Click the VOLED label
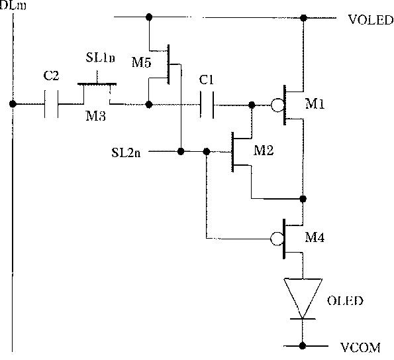coord(371,20)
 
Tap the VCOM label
coord(360,347)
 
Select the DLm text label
coord(13,5)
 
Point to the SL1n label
coord(100,58)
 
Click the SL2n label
coord(126,152)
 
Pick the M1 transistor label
coord(315,103)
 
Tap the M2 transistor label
coord(264,150)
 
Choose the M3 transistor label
coord(95,116)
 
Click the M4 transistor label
coord(315,237)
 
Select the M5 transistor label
coord(142,62)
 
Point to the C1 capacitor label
coord(207,80)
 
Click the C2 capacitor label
coord(51,76)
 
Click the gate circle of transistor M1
coord(277,105)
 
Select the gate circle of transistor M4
coord(277,239)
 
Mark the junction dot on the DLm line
coord(13,103)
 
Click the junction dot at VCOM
coord(303,346)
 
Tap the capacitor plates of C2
coord(51,104)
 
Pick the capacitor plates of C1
coord(207,105)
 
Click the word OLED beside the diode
coord(345,301)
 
